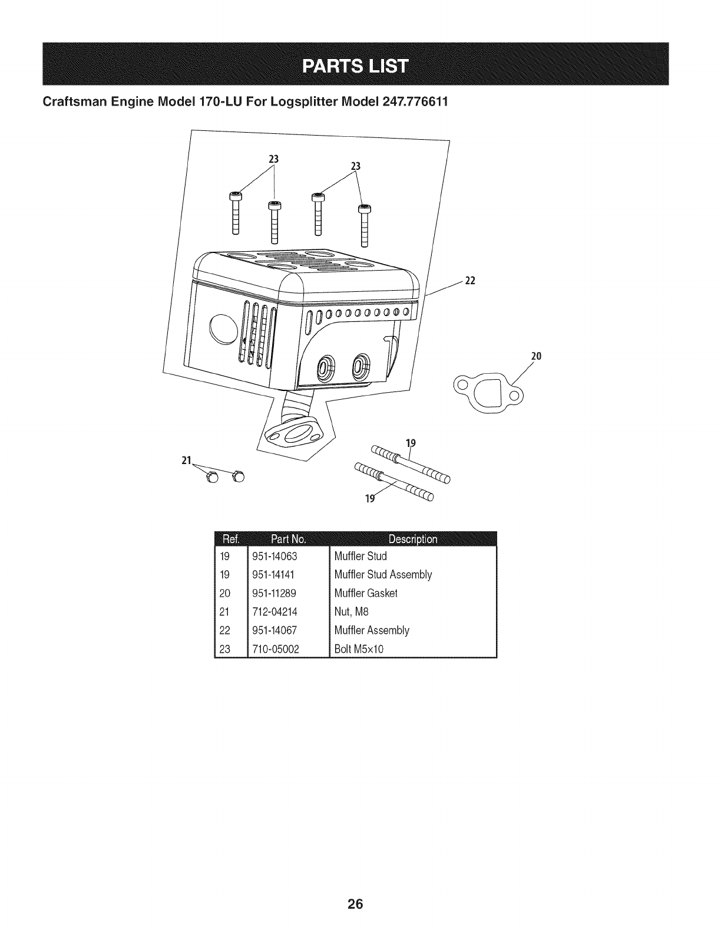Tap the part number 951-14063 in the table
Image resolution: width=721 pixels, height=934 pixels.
[x=274, y=556]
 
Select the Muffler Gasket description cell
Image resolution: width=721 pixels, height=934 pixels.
[x=366, y=593]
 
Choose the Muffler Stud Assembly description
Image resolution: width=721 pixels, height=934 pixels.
[x=383, y=574]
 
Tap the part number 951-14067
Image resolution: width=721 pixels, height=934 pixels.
[x=274, y=630]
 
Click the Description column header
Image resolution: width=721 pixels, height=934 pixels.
[x=412, y=539]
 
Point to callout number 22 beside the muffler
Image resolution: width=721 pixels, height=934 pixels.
[x=470, y=281]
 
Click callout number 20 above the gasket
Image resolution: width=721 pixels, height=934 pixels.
[x=535, y=356]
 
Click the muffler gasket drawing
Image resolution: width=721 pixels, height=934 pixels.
[x=487, y=392]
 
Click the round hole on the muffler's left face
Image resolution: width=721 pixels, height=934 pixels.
[x=223, y=327]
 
